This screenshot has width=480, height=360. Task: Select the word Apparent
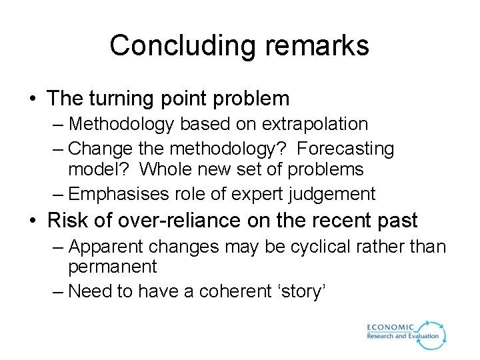coord(107,247)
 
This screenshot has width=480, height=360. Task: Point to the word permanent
coord(113,267)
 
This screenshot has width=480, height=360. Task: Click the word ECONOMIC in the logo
coord(391,327)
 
